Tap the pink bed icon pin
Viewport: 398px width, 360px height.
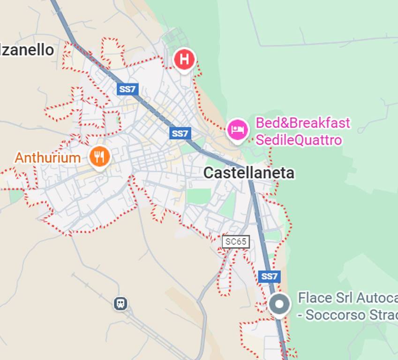tap(237, 129)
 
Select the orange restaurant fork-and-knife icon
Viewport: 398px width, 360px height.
tap(99, 157)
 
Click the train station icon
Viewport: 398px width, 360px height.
tap(120, 304)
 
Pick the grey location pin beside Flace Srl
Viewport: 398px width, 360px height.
tap(279, 305)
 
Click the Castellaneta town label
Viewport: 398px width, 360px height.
tap(249, 173)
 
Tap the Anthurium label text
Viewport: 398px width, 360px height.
tap(47, 157)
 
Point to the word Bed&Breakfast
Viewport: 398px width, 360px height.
tap(302, 123)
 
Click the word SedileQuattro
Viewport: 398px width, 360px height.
tap(298, 140)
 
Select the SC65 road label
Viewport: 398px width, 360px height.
tap(235, 242)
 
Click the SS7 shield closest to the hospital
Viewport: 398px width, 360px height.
tap(128, 89)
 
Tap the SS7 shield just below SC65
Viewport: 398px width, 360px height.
tap(269, 276)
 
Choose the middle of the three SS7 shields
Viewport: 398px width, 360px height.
tap(180, 134)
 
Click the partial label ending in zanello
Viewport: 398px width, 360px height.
tap(27, 50)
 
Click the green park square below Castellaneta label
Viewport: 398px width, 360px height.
tap(199, 196)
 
